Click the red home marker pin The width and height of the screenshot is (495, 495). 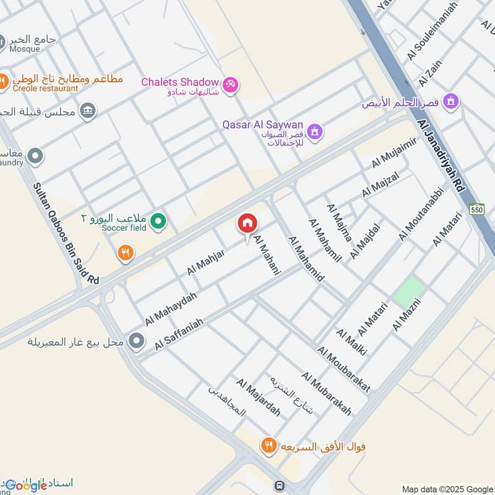pos(247,224)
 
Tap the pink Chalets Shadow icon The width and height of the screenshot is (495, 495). pos(230,84)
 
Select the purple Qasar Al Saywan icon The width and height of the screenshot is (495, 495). pos(316,131)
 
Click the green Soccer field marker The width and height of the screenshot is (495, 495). pos(159,220)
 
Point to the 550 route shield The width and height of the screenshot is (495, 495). pos(476,209)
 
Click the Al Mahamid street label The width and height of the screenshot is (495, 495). pos(306,259)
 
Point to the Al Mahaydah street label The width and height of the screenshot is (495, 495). pos(171,309)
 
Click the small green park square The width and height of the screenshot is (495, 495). pos(410,291)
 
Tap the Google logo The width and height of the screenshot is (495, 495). pos(25,486)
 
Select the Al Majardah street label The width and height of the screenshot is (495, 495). pos(258,398)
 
